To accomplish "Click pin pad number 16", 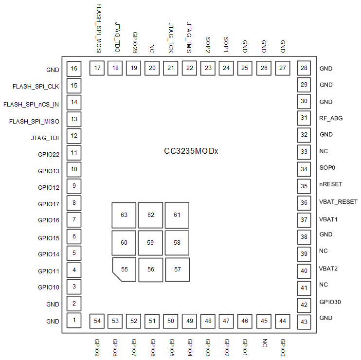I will click(74, 69).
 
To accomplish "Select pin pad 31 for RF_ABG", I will click(305, 118).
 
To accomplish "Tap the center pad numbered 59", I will click(150, 242).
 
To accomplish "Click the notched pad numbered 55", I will click(125, 269).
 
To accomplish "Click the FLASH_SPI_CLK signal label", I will click(36, 87).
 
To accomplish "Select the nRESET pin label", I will click(331, 184).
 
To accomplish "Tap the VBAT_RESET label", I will click(338, 202).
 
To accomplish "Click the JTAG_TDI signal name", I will click(45, 138).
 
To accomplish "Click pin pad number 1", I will click(74, 320).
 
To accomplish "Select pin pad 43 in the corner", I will click(305, 321).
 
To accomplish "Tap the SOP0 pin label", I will click(327, 168).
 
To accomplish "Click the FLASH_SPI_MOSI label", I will click(99, 28).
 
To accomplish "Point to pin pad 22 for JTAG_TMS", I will click(189, 69).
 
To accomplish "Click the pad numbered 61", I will click(177, 215).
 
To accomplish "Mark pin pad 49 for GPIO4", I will click(189, 321).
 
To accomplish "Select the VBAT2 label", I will click(328, 268).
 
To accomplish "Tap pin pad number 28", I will click(305, 68).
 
